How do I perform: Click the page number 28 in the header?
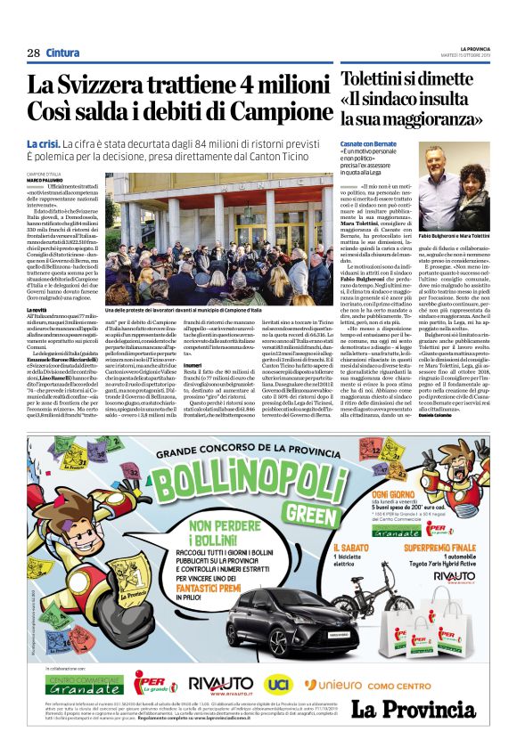pyautogui.click(x=33, y=53)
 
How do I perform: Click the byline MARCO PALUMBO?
pyautogui.click(x=45, y=180)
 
